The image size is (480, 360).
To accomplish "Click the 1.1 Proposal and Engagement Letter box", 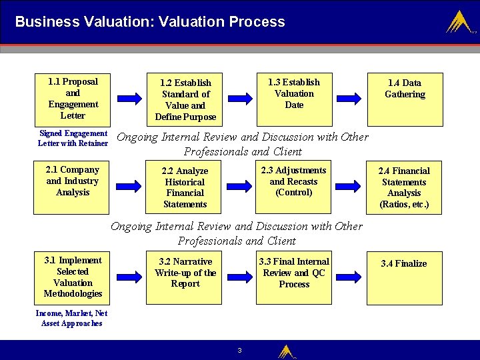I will pos(73,99).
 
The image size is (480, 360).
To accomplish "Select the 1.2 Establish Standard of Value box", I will pos(185,99).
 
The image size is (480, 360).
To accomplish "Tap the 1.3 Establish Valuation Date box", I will pos(294,99).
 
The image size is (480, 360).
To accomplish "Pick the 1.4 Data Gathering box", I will pos(405,99).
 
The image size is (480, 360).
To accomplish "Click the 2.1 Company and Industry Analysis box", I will pos(73,187).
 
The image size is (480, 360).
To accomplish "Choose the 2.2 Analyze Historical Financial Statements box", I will pos(185,187).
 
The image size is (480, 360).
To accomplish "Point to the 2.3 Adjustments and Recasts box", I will pos(294,187).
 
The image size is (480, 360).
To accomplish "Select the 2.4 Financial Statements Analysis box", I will pos(405,187).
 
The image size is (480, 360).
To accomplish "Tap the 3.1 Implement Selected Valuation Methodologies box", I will pos(73,277).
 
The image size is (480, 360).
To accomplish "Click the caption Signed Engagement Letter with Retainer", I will pos(73,138).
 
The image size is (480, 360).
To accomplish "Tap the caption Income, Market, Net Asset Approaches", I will pos(72,318).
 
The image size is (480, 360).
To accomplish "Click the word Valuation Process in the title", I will pos(235,21).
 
